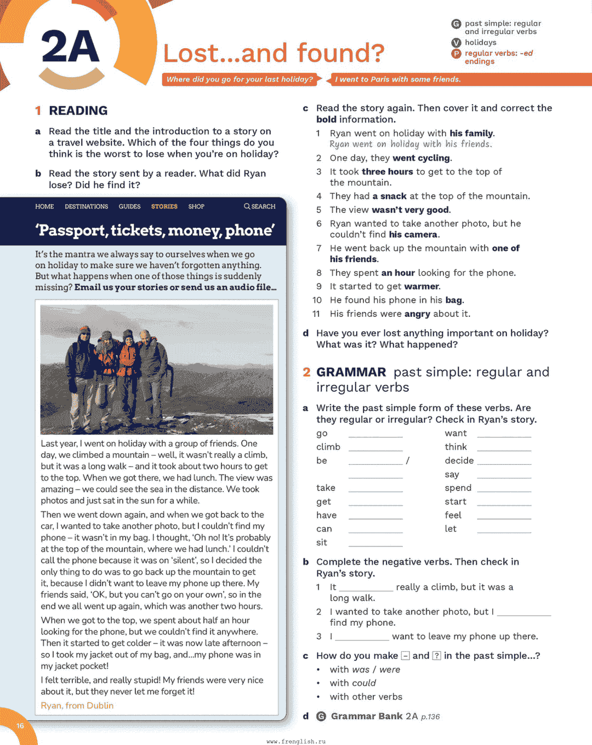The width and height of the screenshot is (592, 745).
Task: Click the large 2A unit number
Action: pos(70,48)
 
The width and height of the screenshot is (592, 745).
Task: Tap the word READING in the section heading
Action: pos(78,111)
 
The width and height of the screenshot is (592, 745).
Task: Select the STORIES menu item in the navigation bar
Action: pos(164,206)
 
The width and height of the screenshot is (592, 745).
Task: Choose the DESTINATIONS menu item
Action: pos(86,206)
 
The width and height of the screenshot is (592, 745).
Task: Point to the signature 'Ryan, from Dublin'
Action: pos(77,706)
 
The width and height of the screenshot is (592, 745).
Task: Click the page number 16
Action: pos(20,726)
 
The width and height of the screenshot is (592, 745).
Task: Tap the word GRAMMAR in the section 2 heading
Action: pos(351,372)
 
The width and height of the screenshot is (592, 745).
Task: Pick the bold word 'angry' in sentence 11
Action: pos(417,314)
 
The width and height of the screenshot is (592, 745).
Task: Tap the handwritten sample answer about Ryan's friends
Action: pos(411,144)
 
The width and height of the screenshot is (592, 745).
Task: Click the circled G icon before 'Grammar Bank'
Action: pos(321,717)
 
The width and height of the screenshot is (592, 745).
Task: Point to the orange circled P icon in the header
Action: pos(456,54)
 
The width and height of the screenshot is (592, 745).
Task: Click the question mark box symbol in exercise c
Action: pos(437,656)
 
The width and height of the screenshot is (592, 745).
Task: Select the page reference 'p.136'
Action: pos(430,717)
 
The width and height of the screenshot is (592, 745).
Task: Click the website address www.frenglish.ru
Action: pos(296,741)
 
